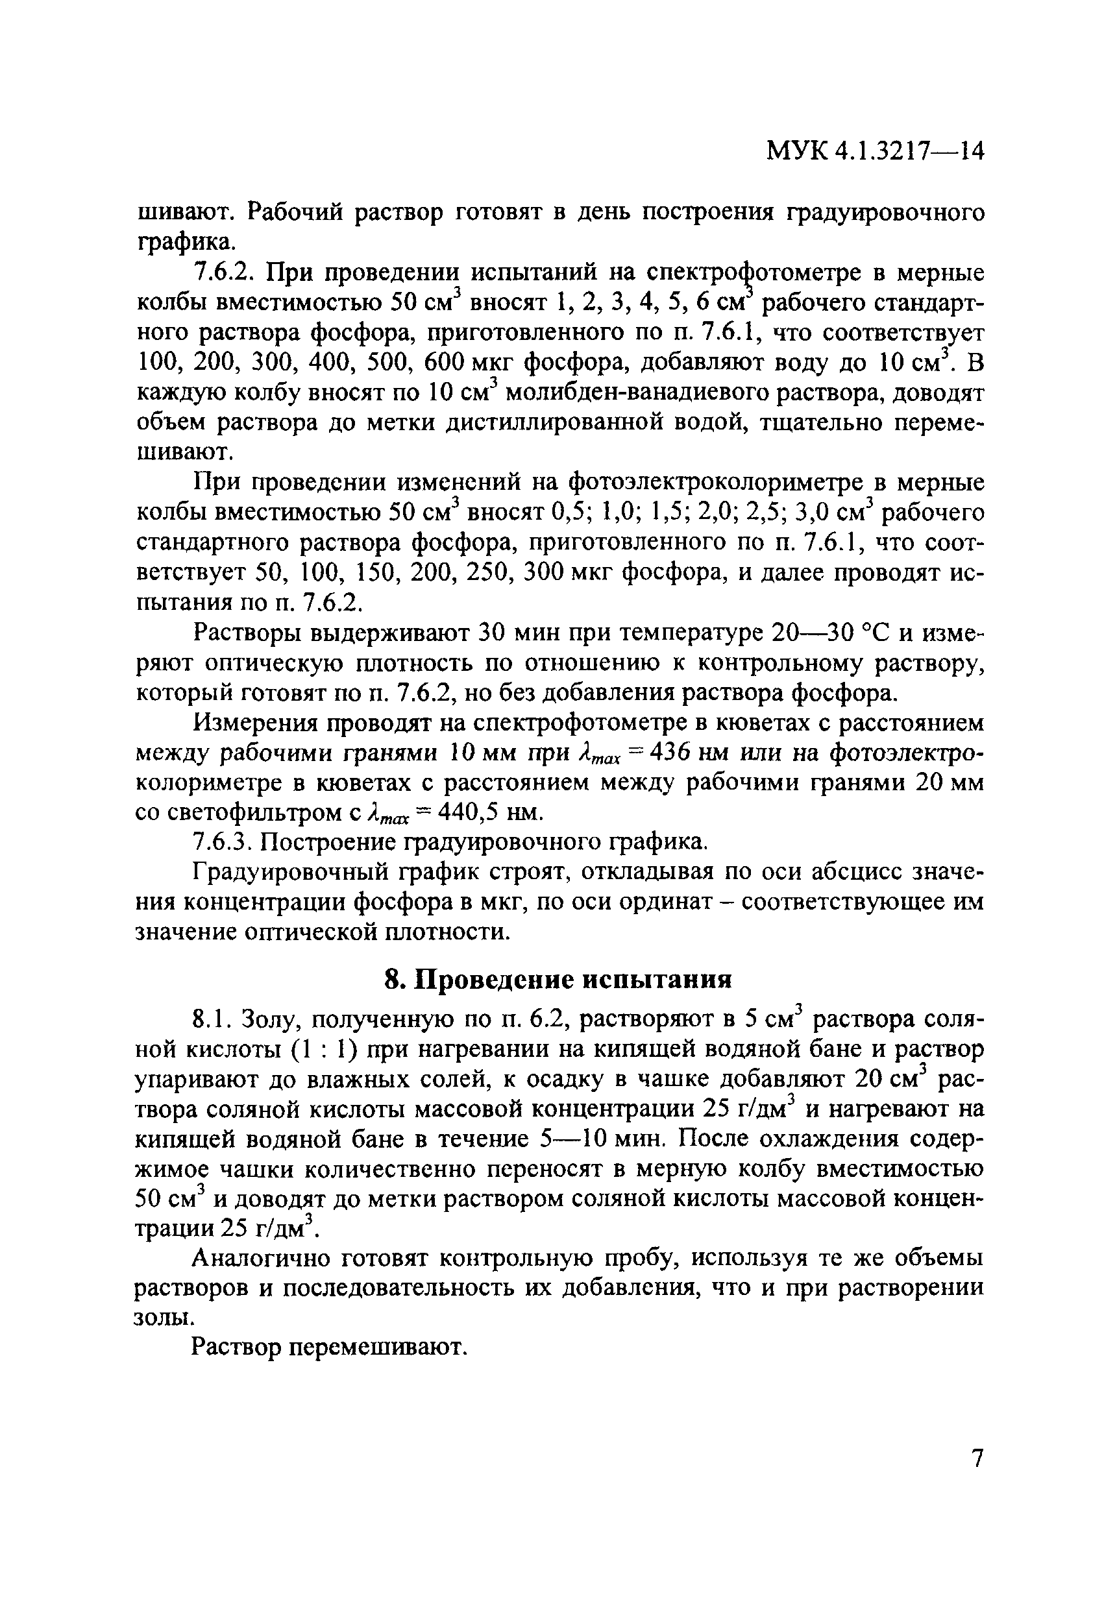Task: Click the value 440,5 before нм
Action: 463,812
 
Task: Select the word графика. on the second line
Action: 186,242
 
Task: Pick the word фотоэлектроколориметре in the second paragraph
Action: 706,483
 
